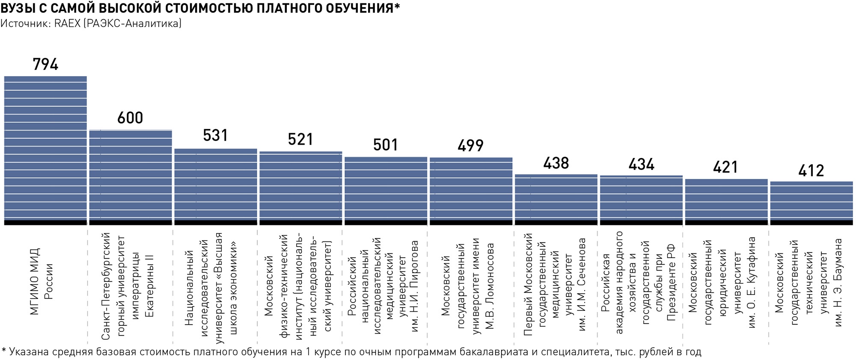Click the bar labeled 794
[x=45, y=150]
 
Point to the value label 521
[x=300, y=140]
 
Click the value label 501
[x=386, y=145]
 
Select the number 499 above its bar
[x=470, y=146]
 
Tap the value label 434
[x=641, y=164]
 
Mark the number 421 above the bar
[x=726, y=167]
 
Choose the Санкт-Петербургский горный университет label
[x=127, y=286]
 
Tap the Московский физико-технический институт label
[x=298, y=286]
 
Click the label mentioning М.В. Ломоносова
[x=468, y=286]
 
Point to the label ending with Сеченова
[x=555, y=285]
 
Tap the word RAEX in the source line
[x=67, y=24]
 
